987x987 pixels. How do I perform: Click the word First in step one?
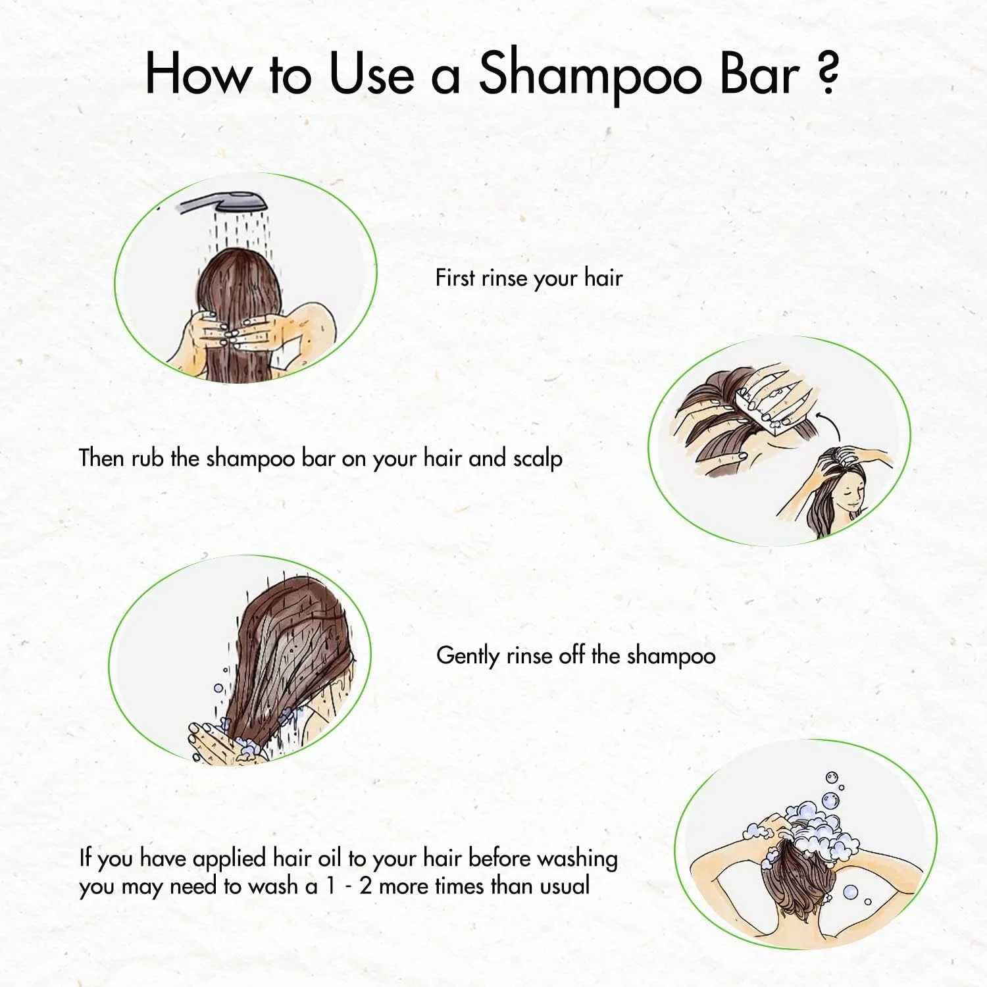pos(455,278)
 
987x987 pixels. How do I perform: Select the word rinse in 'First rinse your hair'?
pos(504,278)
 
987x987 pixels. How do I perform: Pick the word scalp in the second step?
pos(538,459)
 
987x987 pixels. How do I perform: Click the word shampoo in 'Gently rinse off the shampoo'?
pos(671,657)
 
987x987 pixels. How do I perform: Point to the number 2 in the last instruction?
pos(366,886)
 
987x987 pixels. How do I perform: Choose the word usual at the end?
pos(564,886)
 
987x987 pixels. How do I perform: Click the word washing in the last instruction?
pos(577,859)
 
